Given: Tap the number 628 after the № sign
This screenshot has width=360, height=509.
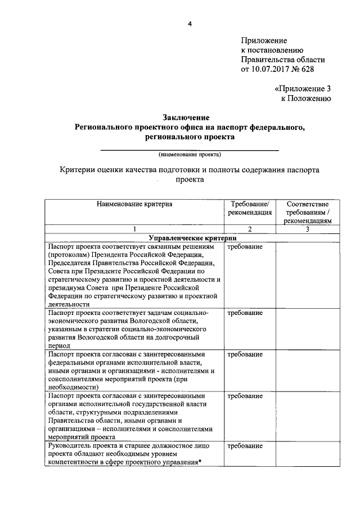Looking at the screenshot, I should pyautogui.click(x=307, y=69).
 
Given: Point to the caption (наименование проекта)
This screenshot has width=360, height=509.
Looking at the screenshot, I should pyautogui.click(x=190, y=154).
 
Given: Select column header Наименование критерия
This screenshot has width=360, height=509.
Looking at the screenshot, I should pyautogui.click(x=134, y=204).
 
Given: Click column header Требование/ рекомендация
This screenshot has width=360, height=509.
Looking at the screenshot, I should pyautogui.click(x=250, y=208).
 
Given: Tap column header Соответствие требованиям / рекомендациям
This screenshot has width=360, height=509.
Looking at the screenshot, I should pyautogui.click(x=308, y=212).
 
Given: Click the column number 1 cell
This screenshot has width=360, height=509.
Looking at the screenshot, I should pyautogui.click(x=134, y=229).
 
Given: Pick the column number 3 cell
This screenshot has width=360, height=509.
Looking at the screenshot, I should pyautogui.click(x=308, y=229).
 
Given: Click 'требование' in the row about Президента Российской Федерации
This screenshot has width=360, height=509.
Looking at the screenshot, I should pyautogui.click(x=245, y=247).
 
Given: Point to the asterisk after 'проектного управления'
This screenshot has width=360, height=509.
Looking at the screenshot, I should pyautogui.click(x=200, y=462).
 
